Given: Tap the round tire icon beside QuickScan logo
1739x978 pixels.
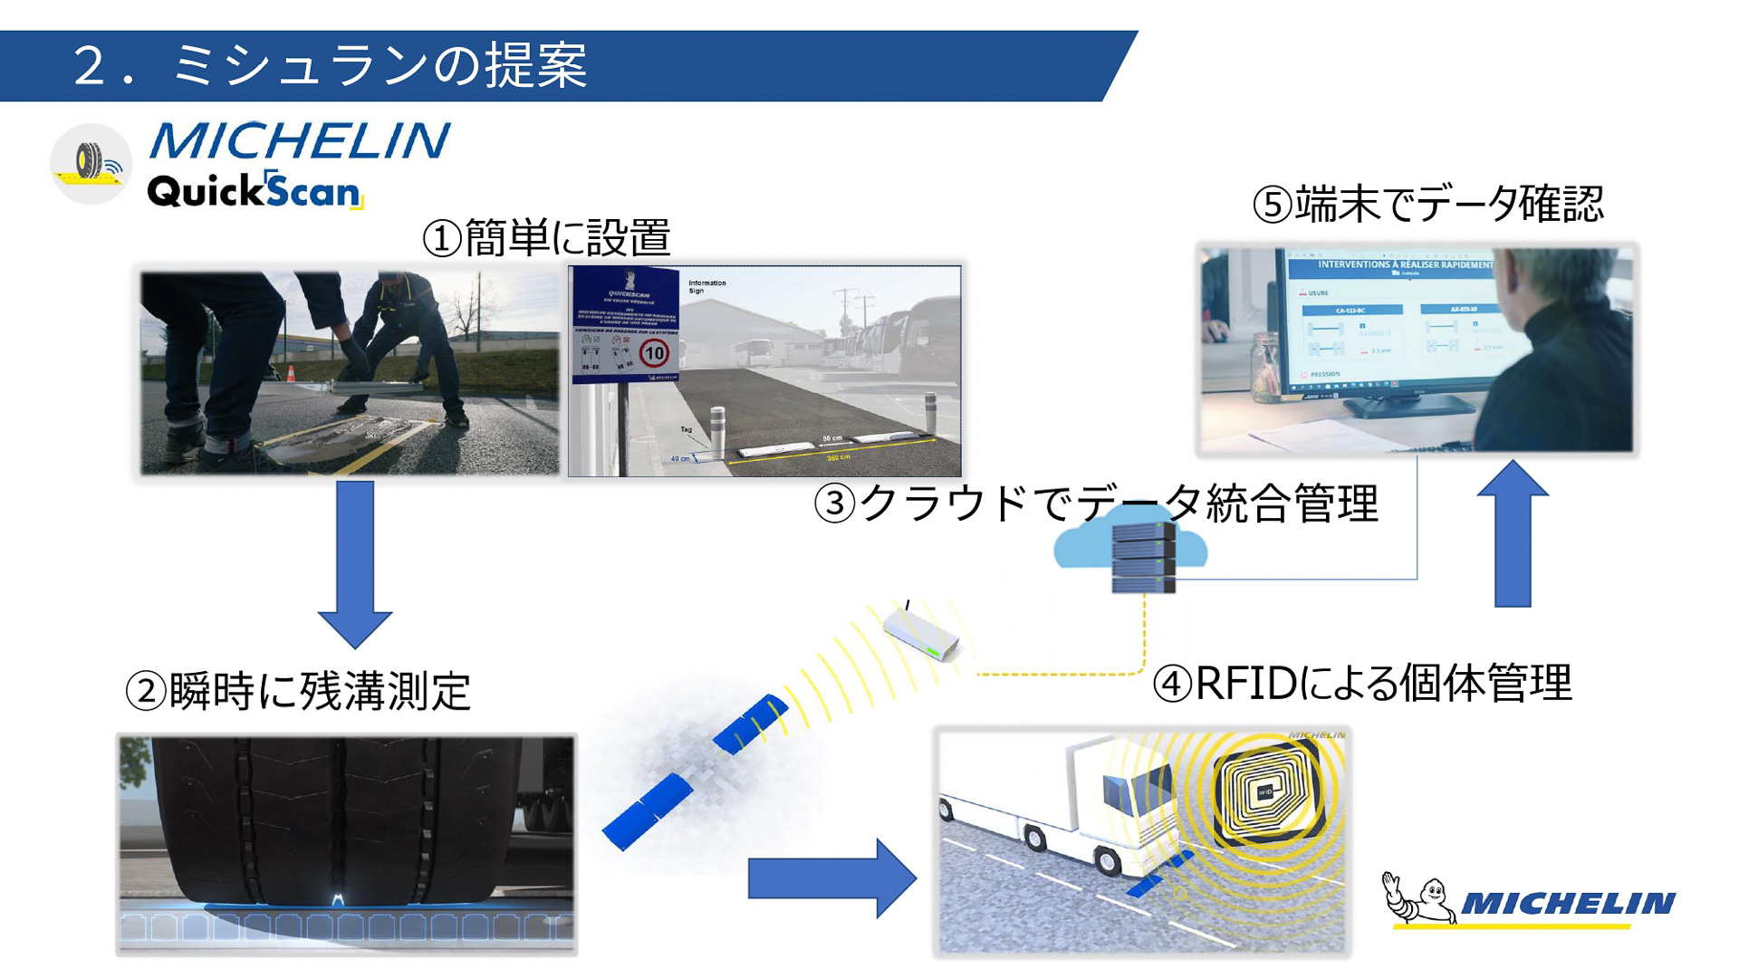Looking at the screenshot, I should [91, 164].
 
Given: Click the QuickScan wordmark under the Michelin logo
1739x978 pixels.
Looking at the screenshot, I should [255, 191].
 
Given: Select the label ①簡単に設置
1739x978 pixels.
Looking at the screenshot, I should [547, 238].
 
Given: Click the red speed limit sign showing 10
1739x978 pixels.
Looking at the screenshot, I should [654, 353].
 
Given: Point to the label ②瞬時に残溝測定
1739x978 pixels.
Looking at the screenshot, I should [298, 692].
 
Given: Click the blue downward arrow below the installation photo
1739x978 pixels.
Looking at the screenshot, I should [355, 561].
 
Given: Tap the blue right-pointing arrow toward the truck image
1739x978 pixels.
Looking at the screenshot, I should [831, 877].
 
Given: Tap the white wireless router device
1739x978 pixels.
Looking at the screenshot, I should [920, 634].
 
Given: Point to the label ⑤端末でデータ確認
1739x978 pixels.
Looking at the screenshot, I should [1428, 205].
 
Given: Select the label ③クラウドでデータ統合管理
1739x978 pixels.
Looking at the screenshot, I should [1096, 503].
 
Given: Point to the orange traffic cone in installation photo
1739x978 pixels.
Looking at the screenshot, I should [292, 372].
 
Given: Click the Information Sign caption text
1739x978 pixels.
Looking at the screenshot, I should [706, 286].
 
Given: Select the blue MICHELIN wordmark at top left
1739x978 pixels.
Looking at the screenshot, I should [299, 141].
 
